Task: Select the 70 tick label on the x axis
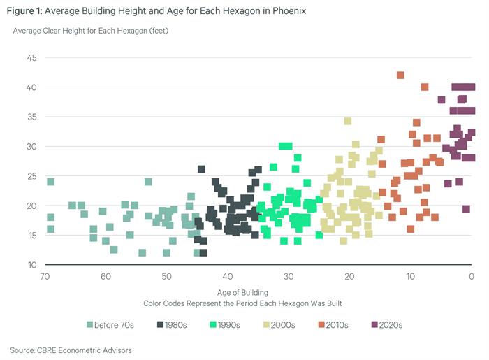[x=45, y=277]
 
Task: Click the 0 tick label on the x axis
[x=472, y=277]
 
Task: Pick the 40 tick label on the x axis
[x=228, y=277]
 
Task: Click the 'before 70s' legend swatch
[x=90, y=324]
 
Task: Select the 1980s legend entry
[x=179, y=324]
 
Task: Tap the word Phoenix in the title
[x=286, y=12]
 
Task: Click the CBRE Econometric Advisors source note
[x=71, y=350]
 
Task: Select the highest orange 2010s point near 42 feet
[x=400, y=75]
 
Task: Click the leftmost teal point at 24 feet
[x=50, y=182]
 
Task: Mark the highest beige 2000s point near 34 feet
[x=347, y=121]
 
